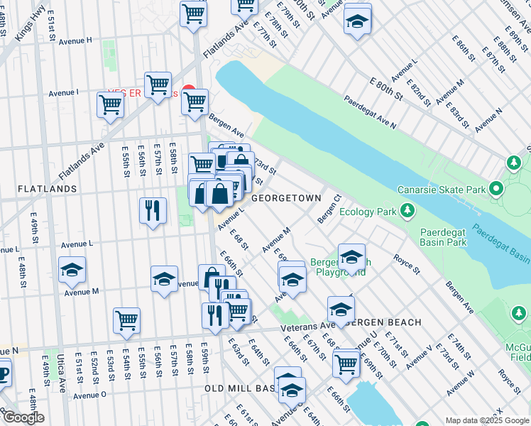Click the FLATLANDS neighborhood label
click(x=47, y=189)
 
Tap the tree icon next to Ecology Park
click(x=407, y=210)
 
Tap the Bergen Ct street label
click(x=329, y=209)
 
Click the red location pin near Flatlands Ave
click(x=188, y=91)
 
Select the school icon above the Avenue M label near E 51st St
click(x=72, y=270)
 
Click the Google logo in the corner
click(x=23, y=417)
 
